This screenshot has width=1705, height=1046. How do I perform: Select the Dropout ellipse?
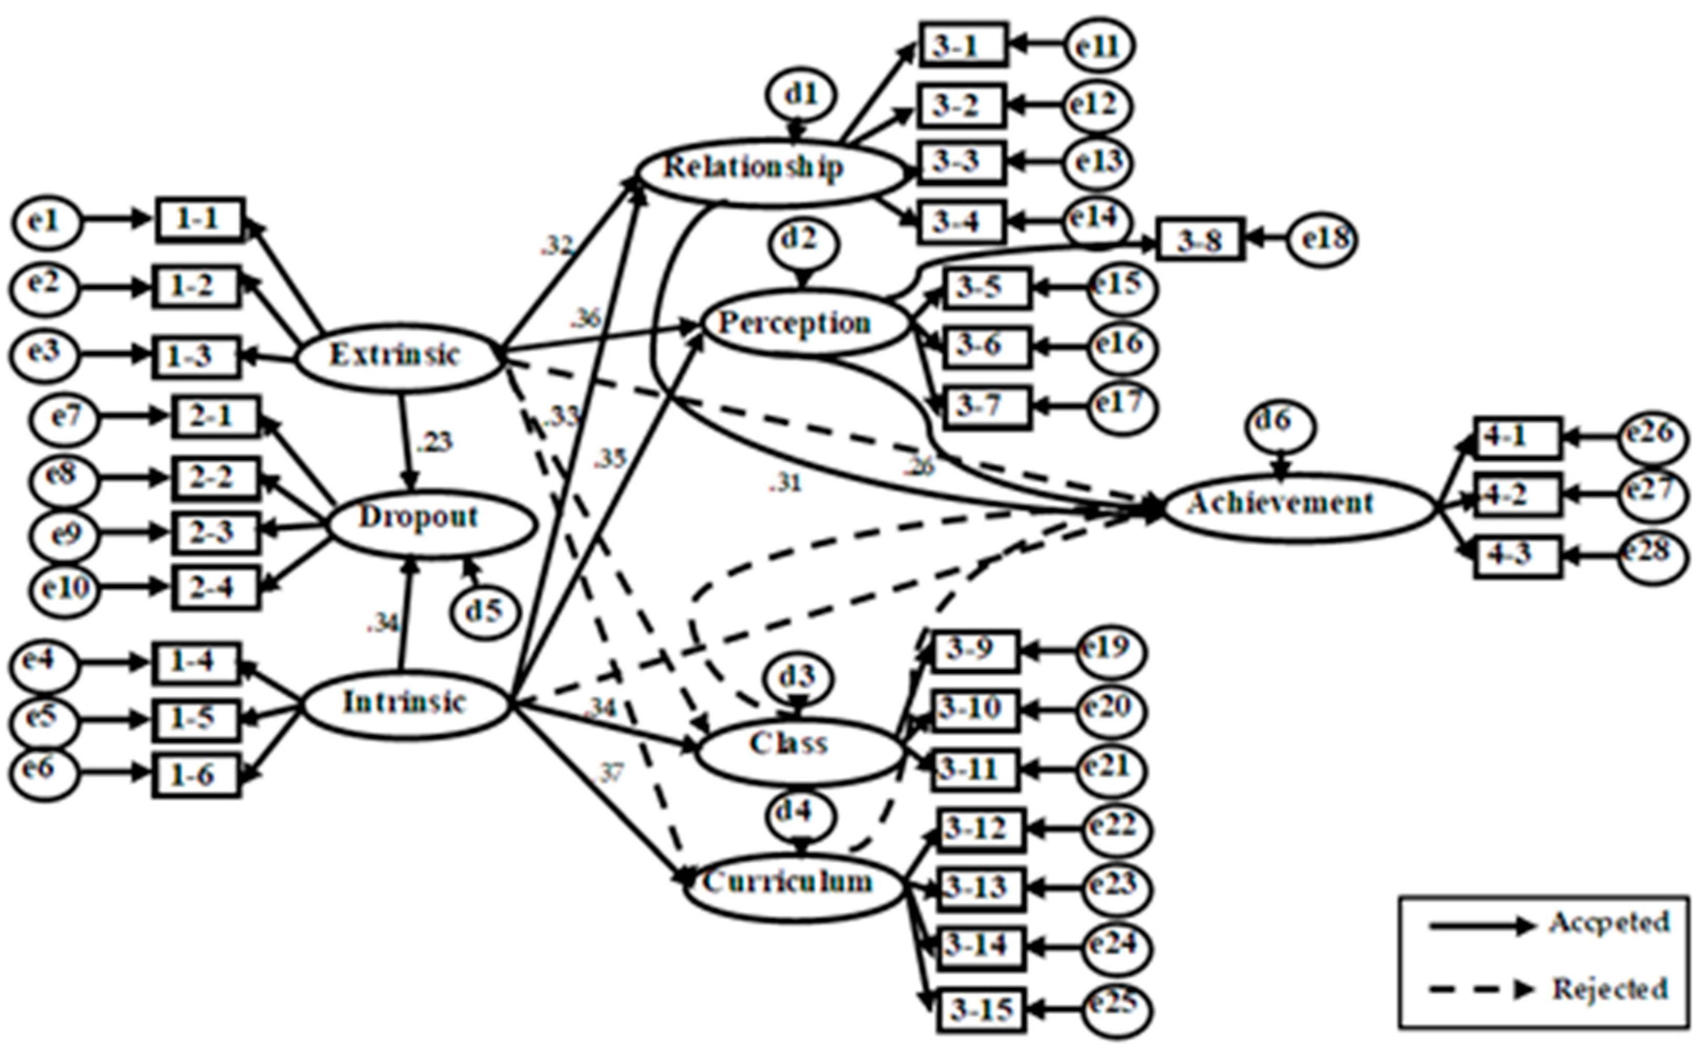(430, 522)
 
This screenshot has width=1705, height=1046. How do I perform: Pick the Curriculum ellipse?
(795, 888)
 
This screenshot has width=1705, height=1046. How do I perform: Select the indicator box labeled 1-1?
(199, 220)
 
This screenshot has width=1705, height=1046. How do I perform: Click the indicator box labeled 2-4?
(216, 588)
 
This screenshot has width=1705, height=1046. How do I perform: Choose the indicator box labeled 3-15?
(981, 1011)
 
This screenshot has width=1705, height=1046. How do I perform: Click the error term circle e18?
(1321, 239)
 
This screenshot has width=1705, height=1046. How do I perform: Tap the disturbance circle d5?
(485, 610)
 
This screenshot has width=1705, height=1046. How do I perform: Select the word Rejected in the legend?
(1609, 989)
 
